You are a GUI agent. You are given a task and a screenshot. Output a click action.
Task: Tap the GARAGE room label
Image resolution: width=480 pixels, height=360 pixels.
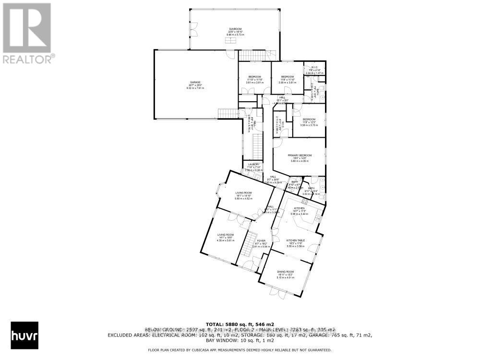pyautogui.click(x=194, y=82)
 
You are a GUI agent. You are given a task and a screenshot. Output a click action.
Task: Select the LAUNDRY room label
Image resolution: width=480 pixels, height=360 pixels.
pyautogui.click(x=253, y=164)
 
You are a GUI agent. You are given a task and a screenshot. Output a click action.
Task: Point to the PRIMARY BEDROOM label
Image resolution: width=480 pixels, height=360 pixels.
pyautogui.click(x=300, y=156)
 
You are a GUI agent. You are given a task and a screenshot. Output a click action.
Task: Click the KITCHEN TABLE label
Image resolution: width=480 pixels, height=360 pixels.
pyautogui.click(x=296, y=240)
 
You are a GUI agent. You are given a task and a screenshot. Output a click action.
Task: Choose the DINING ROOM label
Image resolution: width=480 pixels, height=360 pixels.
pyautogui.click(x=285, y=272)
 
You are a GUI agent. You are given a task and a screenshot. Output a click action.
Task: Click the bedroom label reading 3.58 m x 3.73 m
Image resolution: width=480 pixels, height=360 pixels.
pyautogui.click(x=309, y=125)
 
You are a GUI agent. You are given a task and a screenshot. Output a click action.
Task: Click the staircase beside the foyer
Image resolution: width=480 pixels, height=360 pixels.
pyautogui.click(x=249, y=243)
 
